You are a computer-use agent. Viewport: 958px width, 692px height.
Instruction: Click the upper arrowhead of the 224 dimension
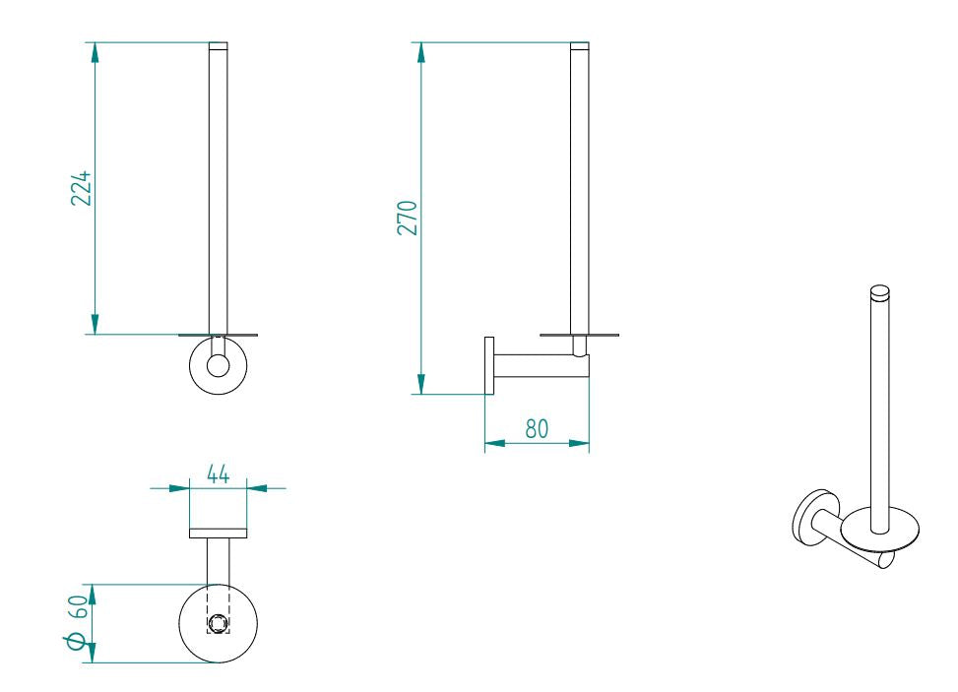96,52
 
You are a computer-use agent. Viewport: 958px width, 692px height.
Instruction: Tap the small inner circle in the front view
218,366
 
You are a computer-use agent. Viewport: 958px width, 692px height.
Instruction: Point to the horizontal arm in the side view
537,366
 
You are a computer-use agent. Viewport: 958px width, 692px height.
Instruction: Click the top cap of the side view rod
581,45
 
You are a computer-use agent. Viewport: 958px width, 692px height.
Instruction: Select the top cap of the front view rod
219,45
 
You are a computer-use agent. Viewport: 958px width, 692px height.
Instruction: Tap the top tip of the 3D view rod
880,290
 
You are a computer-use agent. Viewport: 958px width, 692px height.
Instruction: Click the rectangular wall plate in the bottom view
218,535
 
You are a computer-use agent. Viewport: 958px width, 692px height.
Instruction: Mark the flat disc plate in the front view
219,335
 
